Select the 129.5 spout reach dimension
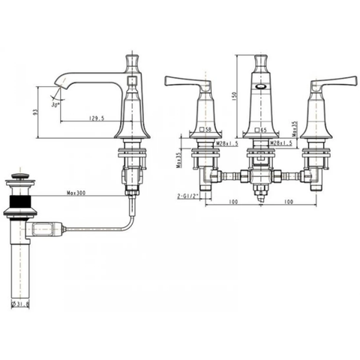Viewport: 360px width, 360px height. click(94, 118)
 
